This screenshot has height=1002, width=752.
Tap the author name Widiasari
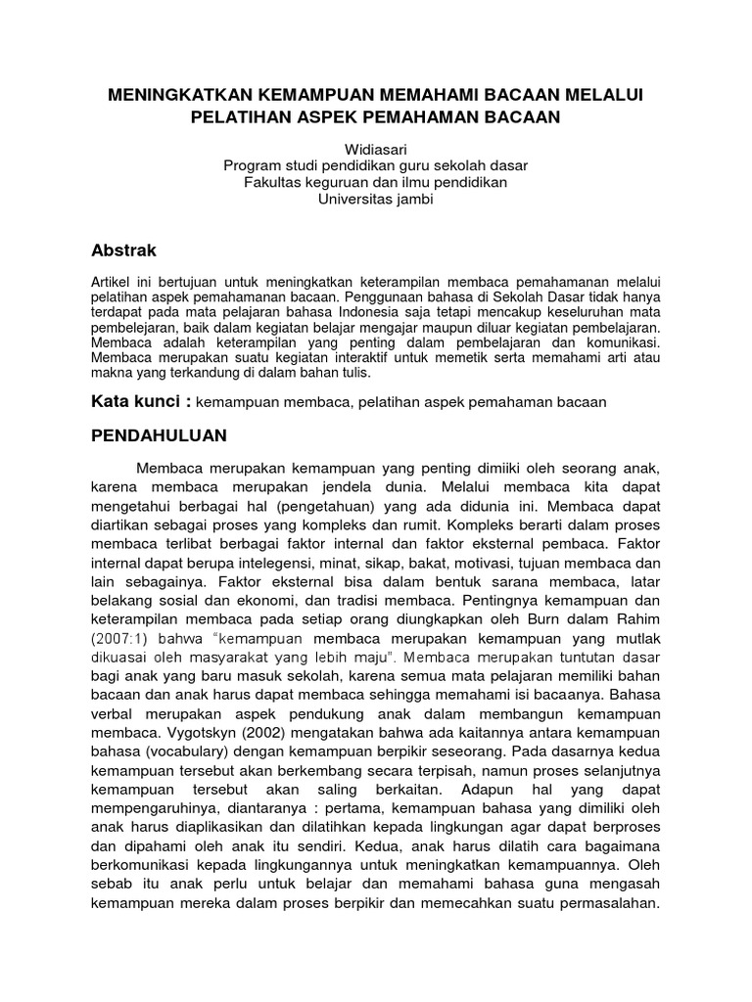coord(375,147)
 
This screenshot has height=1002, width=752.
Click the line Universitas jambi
coord(375,200)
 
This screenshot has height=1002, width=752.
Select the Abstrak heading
coord(123,250)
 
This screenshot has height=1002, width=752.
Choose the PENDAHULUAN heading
coord(159,434)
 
